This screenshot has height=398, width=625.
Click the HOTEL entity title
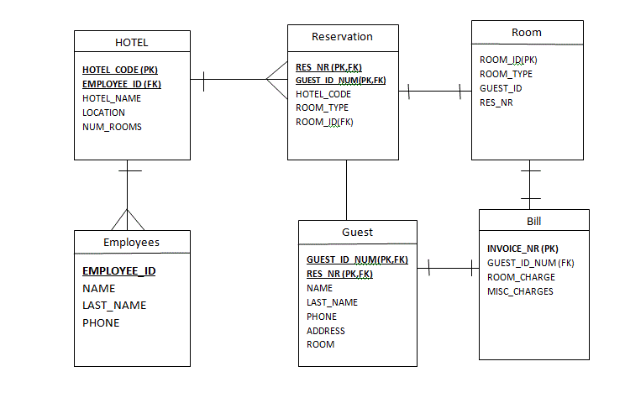tap(131, 43)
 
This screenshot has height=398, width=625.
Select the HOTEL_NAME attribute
tap(112, 98)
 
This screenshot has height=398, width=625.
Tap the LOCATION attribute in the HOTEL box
tap(103, 113)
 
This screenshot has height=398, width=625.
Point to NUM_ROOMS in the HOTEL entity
tap(112, 127)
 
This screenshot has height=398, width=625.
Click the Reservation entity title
tap(342, 37)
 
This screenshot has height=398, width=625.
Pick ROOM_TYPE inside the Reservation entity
tap(322, 107)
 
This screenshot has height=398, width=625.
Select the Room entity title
tap(527, 33)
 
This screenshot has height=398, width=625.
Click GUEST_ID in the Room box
tap(501, 88)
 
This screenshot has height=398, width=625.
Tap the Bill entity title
tap(534, 222)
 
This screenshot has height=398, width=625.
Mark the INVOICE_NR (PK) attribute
tap(523, 249)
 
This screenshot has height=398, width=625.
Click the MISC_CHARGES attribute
tap(520, 291)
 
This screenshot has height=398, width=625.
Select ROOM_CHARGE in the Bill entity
tap(521, 277)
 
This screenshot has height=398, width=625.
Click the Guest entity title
tap(357, 232)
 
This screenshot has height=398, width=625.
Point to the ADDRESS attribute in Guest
tap(326, 331)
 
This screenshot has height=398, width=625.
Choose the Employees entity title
tap(131, 243)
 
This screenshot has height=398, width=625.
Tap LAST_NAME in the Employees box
tap(114, 306)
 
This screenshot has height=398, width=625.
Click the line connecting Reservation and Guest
tap(347, 190)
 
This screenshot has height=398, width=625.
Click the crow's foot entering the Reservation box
tap(276, 80)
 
